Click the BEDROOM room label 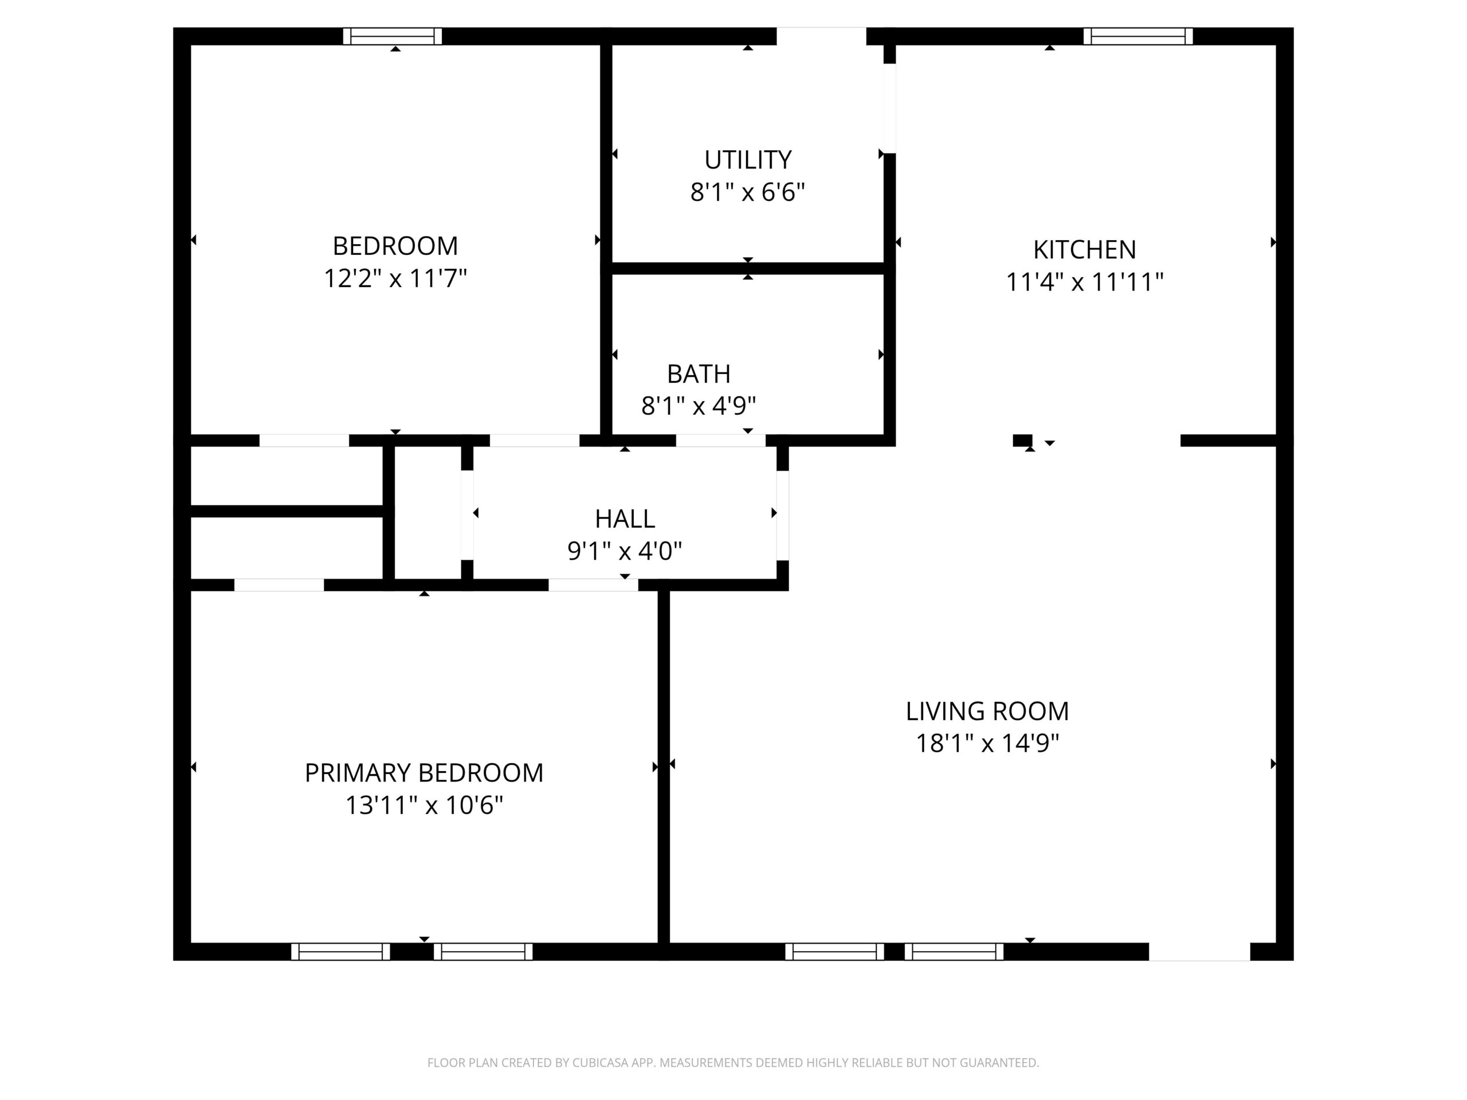(x=395, y=246)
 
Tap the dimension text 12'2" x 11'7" (x=395, y=278)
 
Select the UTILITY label (x=747, y=160)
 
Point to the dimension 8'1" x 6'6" (x=747, y=192)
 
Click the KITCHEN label (x=1084, y=250)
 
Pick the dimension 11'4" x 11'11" (x=1084, y=282)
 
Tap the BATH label (x=699, y=374)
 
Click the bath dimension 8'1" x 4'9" (x=699, y=406)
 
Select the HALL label (x=625, y=518)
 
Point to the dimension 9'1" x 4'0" (x=625, y=551)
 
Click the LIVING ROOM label (x=987, y=712)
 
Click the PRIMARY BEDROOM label (x=424, y=773)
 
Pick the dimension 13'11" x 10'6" (x=424, y=806)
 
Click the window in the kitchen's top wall (x=1138, y=37)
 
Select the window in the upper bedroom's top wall (x=393, y=37)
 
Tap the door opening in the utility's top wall (x=821, y=37)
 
